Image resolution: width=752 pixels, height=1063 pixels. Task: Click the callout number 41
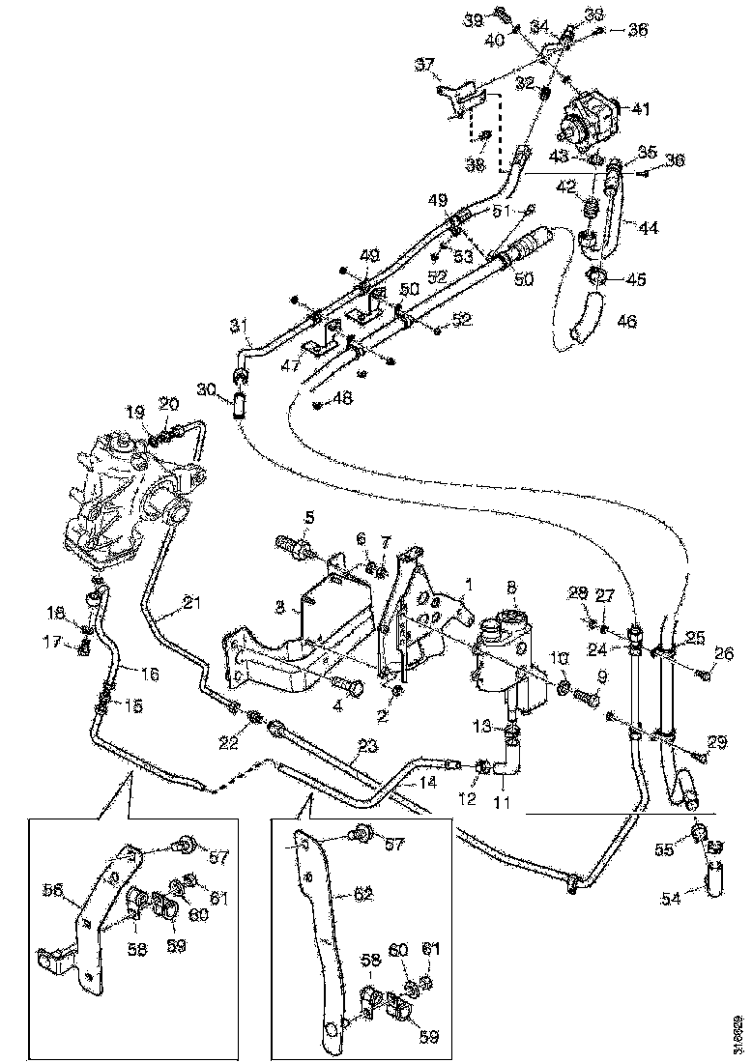(x=642, y=107)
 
